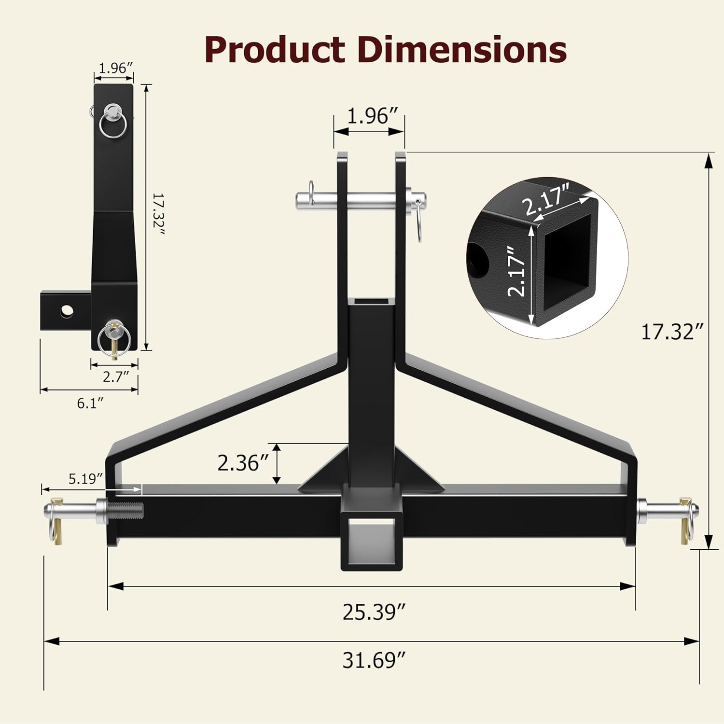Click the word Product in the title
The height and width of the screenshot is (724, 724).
[274, 50]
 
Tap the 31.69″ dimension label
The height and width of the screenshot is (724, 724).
[374, 660]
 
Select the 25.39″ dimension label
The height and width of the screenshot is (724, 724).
[374, 612]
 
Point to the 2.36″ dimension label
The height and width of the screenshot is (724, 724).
[242, 463]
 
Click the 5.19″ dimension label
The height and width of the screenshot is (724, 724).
[85, 479]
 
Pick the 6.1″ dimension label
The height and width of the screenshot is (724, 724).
[90, 403]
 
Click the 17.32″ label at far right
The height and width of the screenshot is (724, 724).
[671, 332]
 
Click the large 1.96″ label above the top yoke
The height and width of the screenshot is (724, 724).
[372, 116]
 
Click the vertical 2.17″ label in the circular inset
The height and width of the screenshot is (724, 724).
[517, 271]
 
